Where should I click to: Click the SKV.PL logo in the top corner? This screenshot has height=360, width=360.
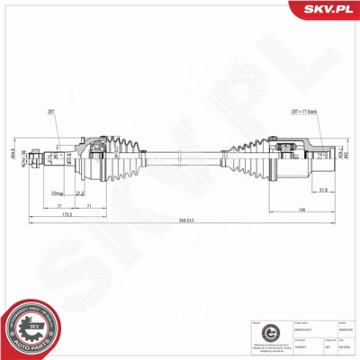[325, 10]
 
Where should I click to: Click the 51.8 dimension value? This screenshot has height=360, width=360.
[321, 190]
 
